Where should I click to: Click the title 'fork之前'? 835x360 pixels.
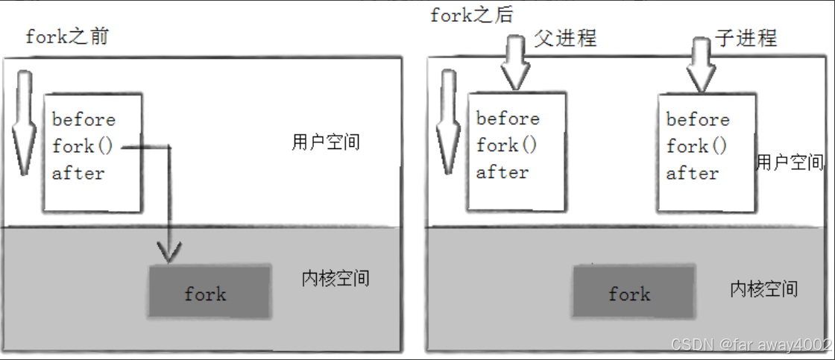[x=66, y=37]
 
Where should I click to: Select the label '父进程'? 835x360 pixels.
[x=565, y=37]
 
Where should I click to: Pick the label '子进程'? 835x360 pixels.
[x=746, y=37]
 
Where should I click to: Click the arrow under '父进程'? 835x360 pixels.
[x=516, y=66]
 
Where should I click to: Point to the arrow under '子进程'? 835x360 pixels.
[x=702, y=66]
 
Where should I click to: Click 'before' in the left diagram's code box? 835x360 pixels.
[x=83, y=120]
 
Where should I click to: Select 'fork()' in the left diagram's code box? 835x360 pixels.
[x=82, y=146]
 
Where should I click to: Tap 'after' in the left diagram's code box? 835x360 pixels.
[x=78, y=173]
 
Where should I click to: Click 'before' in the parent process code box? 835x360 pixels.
[x=508, y=119]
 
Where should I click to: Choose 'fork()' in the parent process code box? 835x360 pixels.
[x=506, y=145]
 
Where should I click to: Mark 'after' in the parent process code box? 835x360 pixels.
[x=502, y=171]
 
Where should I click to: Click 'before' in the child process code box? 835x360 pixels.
[x=698, y=119]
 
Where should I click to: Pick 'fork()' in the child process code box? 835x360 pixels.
[x=696, y=146]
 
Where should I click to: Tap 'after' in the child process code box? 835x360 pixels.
[x=693, y=173]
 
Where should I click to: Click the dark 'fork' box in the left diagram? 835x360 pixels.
[x=209, y=291]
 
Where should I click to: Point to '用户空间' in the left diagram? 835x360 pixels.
[x=326, y=142]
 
